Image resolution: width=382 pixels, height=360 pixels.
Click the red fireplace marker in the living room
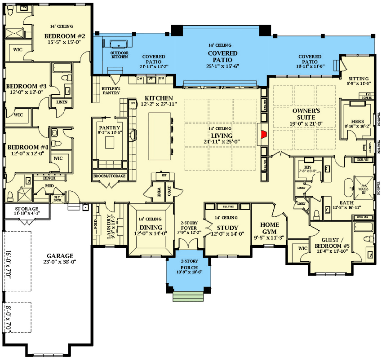coord(264,134)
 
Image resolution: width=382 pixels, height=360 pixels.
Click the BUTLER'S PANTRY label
coord(111,91)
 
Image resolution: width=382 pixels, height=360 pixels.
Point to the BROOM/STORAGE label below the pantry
coord(109,176)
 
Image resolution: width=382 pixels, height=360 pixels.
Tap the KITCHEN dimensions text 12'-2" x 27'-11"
coord(158,104)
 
